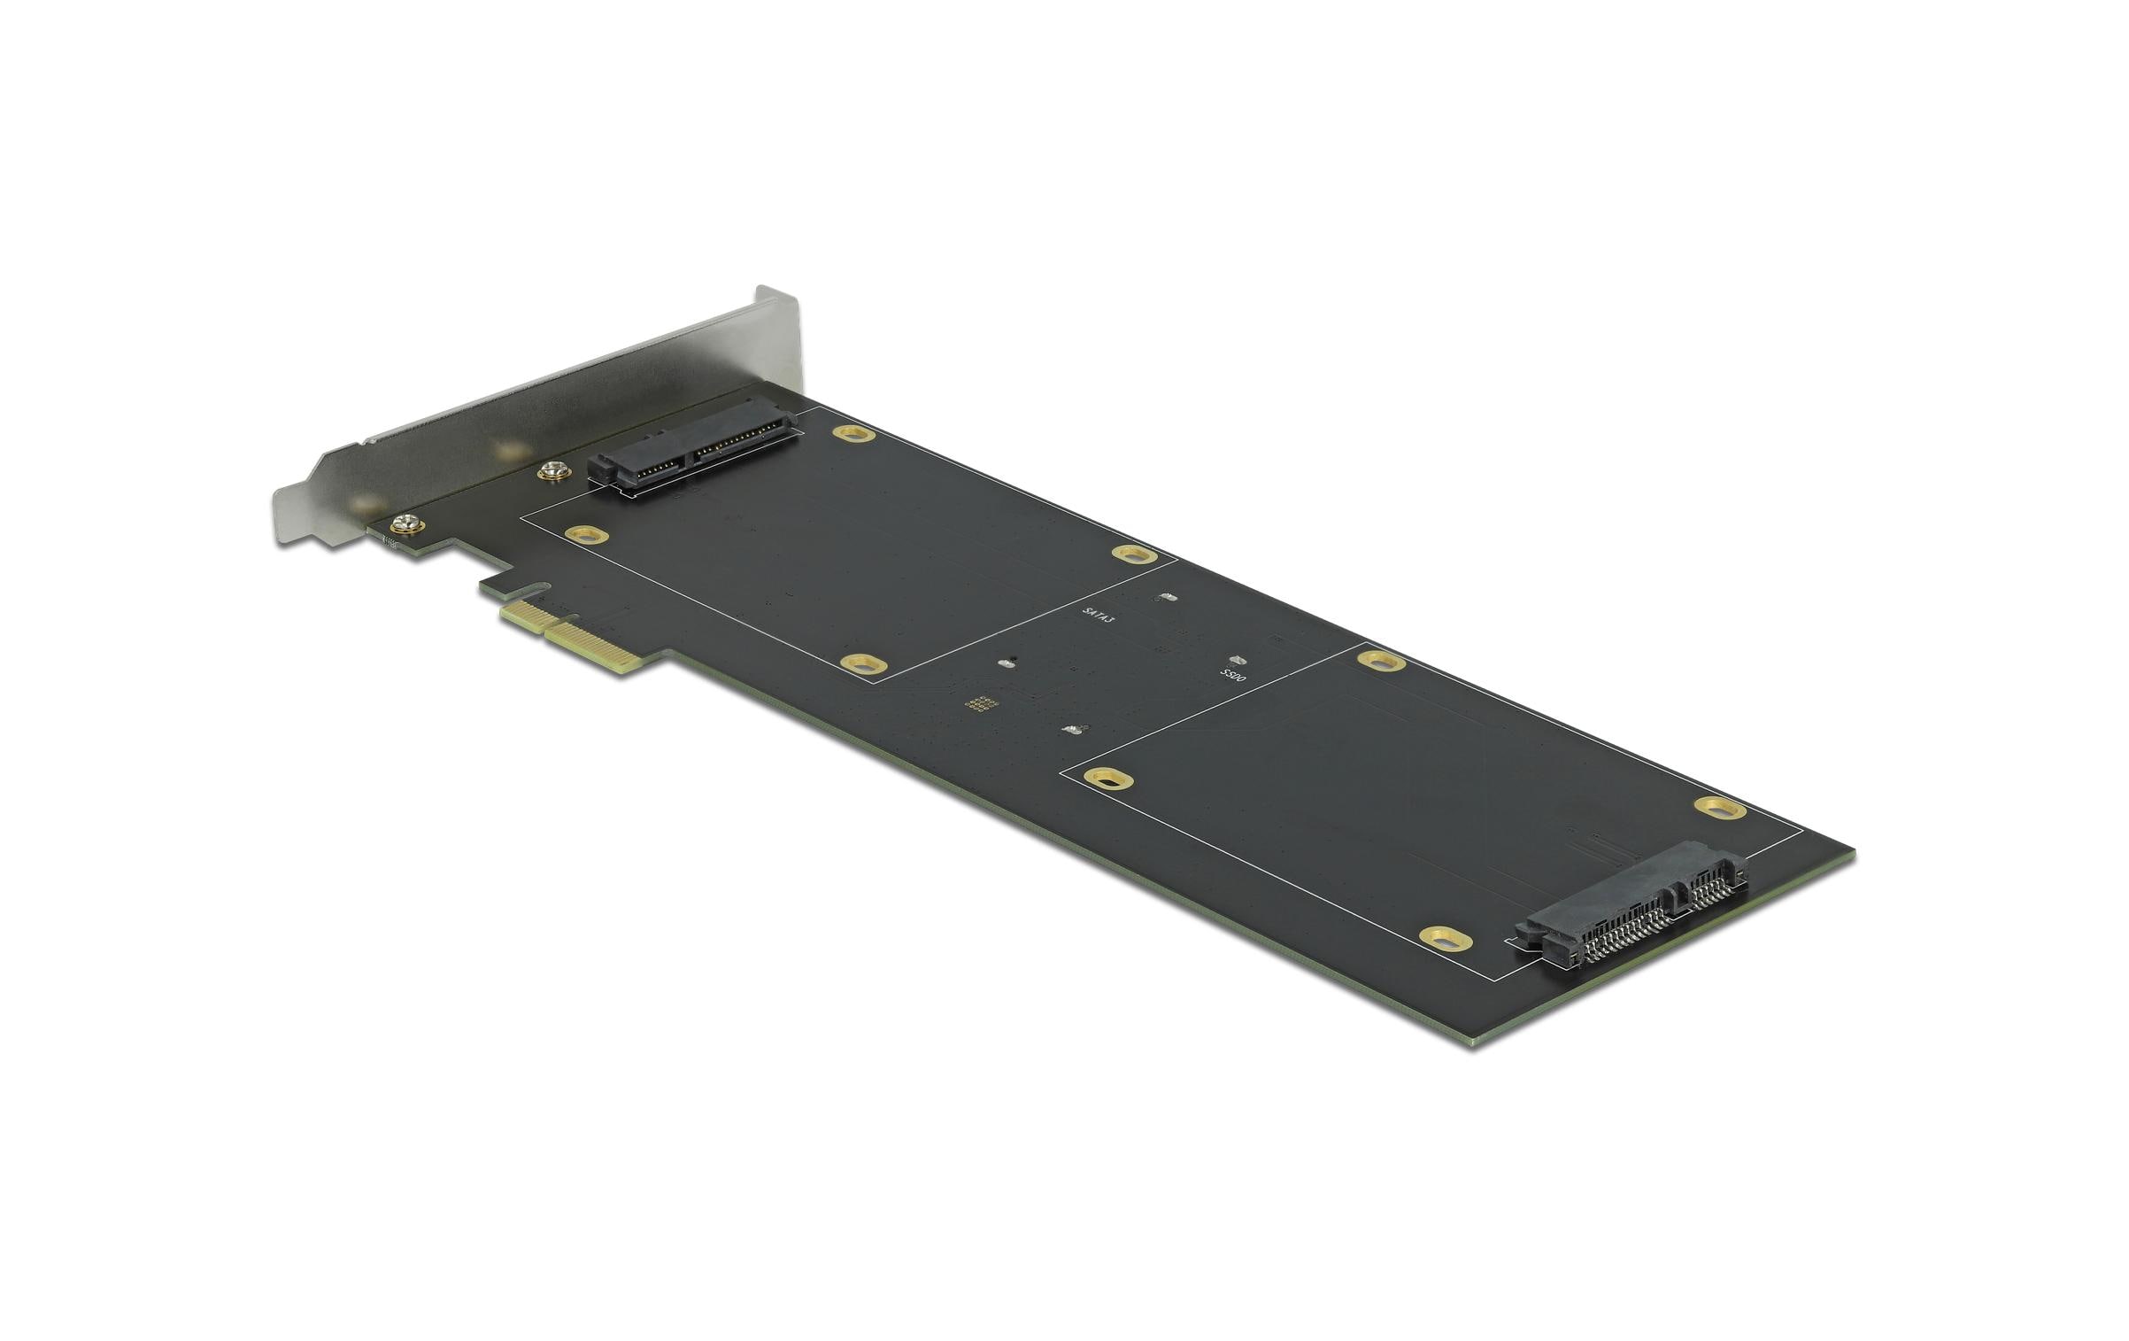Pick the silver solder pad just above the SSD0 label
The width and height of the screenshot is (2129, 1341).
[x=1238, y=661]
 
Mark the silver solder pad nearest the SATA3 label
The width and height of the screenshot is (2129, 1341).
[x=1167, y=597]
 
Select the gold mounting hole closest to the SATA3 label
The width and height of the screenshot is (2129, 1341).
[x=1134, y=555]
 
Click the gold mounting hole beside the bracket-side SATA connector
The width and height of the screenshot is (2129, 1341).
[x=853, y=434]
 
